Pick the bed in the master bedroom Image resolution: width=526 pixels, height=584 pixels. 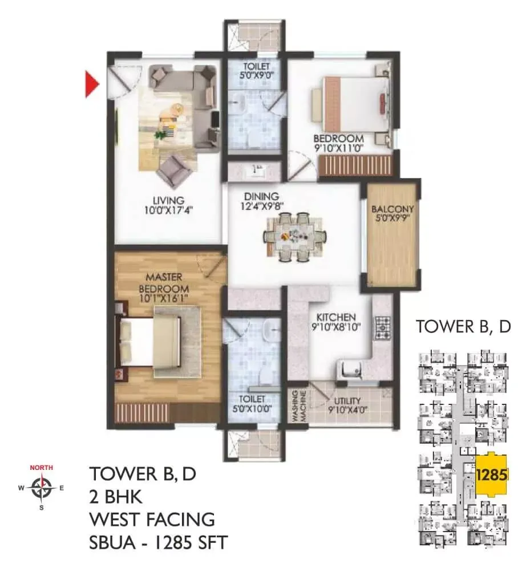(x=152, y=342)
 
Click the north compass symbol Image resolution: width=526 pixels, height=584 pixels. (x=42, y=488)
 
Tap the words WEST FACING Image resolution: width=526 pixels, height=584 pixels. (x=152, y=520)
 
